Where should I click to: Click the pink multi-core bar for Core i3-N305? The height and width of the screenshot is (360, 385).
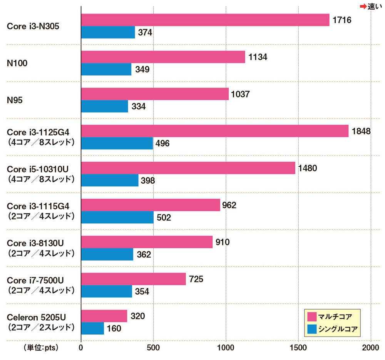[205, 20]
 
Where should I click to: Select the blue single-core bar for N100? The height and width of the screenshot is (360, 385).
[106, 69]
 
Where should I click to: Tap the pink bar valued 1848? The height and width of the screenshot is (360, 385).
[215, 131]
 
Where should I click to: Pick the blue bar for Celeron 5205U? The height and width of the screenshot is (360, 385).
[92, 328]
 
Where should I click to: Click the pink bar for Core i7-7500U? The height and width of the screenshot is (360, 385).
[133, 279]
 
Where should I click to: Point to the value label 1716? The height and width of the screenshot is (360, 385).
[342, 20]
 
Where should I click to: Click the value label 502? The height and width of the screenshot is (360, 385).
[163, 218]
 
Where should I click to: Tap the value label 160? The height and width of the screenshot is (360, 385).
[114, 328]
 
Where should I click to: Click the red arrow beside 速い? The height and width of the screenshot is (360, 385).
[362, 6]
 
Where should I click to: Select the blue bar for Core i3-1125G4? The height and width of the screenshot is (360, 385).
[117, 143]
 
